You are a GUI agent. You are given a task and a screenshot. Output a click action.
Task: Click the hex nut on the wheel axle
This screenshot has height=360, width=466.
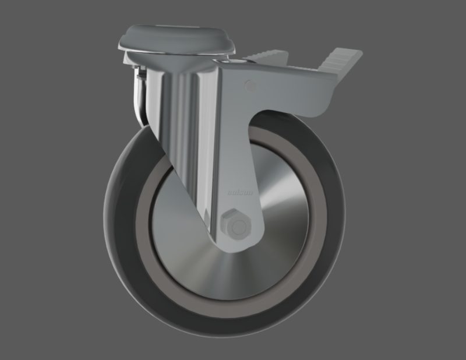pos(236,224)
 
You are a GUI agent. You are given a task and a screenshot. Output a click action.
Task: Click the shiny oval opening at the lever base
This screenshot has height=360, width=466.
pos(225,61)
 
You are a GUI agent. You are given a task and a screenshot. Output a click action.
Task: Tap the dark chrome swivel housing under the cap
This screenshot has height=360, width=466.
pos(139,93)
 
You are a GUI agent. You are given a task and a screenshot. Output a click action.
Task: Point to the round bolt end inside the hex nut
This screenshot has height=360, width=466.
pos(238,225)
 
